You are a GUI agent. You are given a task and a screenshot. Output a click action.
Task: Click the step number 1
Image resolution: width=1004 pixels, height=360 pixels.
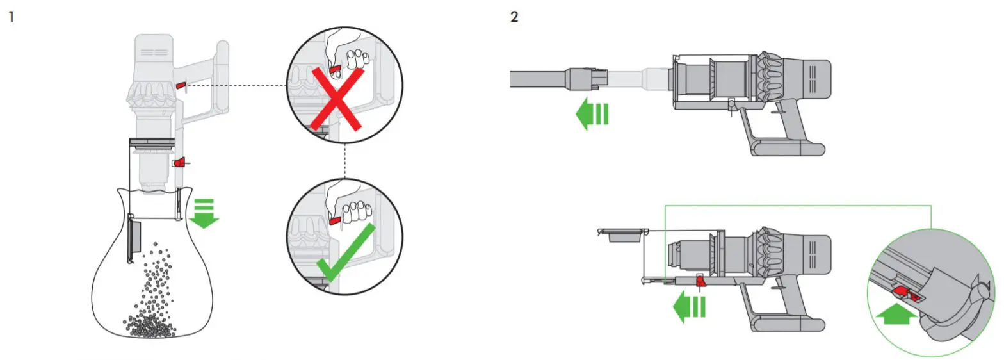click(x=11, y=17)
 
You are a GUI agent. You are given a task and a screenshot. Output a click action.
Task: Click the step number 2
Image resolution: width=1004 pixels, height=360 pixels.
click(x=514, y=17)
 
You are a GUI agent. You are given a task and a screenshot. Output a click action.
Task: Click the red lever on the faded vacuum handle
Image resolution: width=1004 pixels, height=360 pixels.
click(x=181, y=84)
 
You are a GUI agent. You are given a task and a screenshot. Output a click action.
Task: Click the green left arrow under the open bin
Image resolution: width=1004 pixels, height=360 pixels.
click(x=688, y=306)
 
